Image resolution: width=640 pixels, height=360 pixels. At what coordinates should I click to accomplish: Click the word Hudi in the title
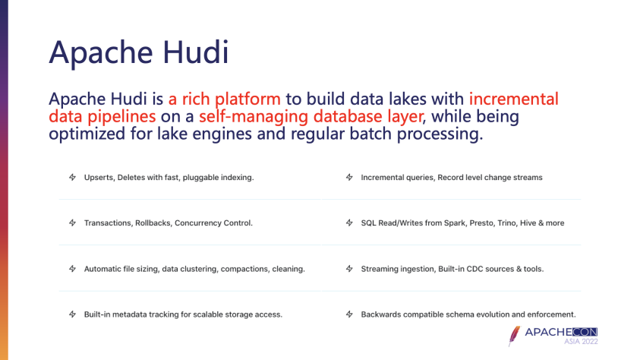(196, 52)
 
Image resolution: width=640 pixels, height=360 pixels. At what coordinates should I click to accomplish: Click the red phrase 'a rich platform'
(225, 99)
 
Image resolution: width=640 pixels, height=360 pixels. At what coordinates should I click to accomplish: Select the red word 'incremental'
(513, 99)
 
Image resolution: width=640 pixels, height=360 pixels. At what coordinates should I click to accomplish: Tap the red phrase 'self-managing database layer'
(311, 116)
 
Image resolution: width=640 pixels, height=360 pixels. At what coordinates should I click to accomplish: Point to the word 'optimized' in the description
(87, 134)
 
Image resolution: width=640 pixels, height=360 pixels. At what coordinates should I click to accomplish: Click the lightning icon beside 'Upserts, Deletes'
(72, 177)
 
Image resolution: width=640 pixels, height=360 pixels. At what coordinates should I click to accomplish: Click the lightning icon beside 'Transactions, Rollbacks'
(72, 223)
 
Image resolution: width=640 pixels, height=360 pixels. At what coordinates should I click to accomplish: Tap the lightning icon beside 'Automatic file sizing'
(72, 269)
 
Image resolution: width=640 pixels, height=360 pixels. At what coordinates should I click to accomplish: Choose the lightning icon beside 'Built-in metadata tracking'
(72, 314)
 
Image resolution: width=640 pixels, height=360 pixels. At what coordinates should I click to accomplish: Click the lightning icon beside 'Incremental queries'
(349, 177)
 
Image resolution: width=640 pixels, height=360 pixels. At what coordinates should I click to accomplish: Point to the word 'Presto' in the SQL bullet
(481, 223)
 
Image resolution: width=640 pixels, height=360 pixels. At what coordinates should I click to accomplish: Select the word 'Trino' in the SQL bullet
(507, 223)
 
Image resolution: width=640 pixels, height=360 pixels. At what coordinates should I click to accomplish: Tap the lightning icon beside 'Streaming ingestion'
(349, 269)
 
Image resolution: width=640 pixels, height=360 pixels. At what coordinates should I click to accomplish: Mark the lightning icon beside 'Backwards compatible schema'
(349, 314)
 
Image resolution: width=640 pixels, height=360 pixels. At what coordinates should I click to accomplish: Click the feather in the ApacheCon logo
(514, 336)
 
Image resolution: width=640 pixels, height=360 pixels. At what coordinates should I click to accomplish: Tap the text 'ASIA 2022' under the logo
(581, 342)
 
